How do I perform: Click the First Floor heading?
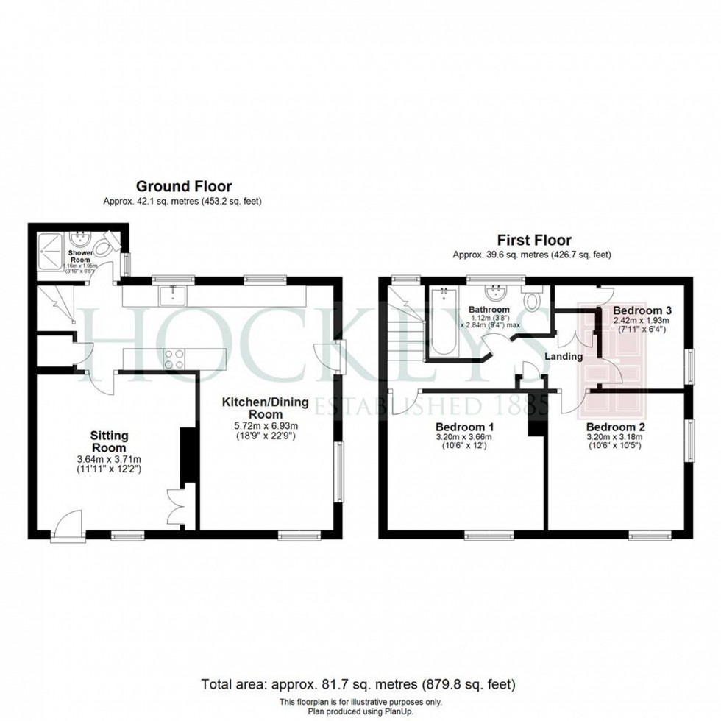pyautogui.click(x=534, y=240)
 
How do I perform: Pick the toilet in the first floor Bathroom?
pyautogui.click(x=533, y=301)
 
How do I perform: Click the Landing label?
pyautogui.click(x=564, y=356)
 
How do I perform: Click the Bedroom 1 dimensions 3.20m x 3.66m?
pyautogui.click(x=464, y=436)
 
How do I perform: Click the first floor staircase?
pyautogui.click(x=405, y=324)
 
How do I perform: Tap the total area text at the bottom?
pyautogui.click(x=359, y=683)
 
